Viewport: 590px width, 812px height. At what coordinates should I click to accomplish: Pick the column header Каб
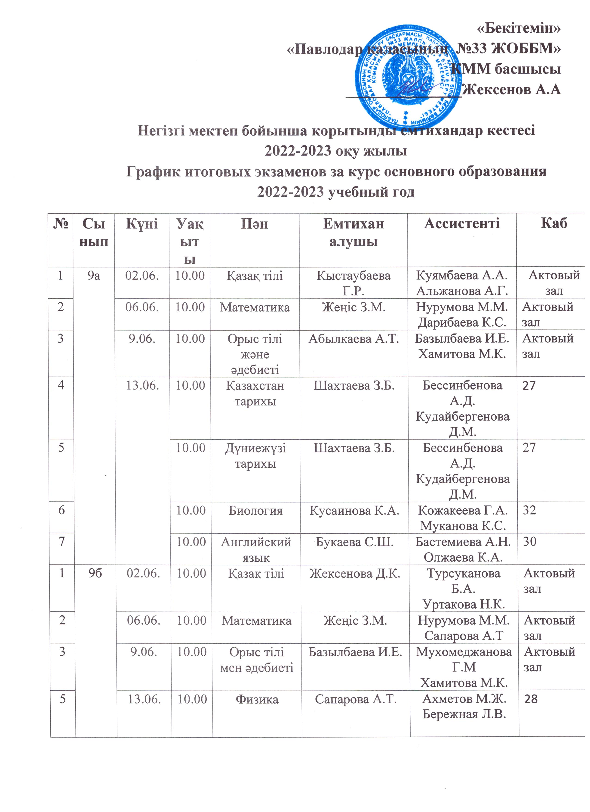[554, 224]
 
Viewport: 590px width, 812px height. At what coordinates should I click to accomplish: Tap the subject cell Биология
[255, 510]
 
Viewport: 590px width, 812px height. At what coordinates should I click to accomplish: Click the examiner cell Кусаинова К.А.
[354, 510]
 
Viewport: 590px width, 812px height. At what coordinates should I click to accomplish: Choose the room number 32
[529, 510]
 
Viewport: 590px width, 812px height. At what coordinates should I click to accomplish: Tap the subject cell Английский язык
[256, 550]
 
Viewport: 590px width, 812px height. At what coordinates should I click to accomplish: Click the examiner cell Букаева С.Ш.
[354, 542]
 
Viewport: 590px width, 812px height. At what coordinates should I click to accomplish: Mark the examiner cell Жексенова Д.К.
[355, 573]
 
